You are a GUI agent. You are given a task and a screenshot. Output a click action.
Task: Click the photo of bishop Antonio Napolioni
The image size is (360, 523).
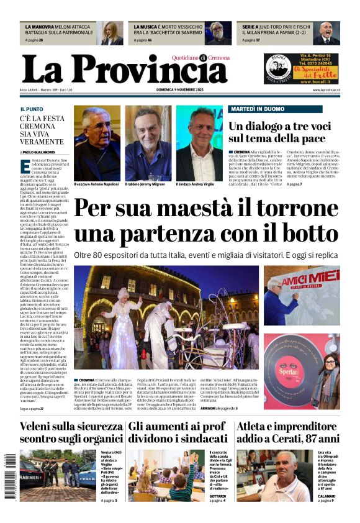pyautogui.click(x=97, y=142)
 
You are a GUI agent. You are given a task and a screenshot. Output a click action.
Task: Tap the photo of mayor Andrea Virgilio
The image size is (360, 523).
pyautogui.click(x=199, y=142)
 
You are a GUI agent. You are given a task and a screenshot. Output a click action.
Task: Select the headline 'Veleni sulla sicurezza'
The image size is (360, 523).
pyautogui.click(x=71, y=427)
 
